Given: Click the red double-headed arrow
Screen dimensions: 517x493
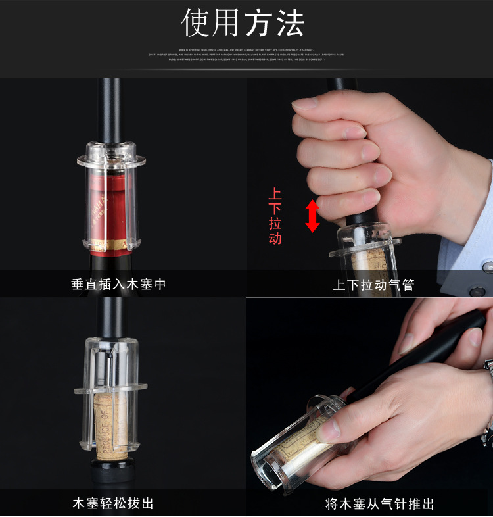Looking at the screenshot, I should pos(312,216).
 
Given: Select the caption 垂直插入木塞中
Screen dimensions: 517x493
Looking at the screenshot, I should pos(119,285).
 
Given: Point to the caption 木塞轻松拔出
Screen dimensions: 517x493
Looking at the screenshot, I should pos(113,504).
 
